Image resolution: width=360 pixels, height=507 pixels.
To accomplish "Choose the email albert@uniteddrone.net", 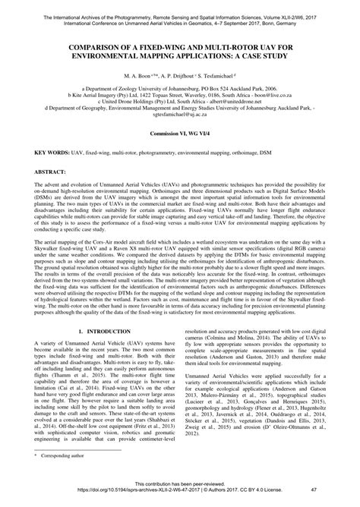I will (241, 102).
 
